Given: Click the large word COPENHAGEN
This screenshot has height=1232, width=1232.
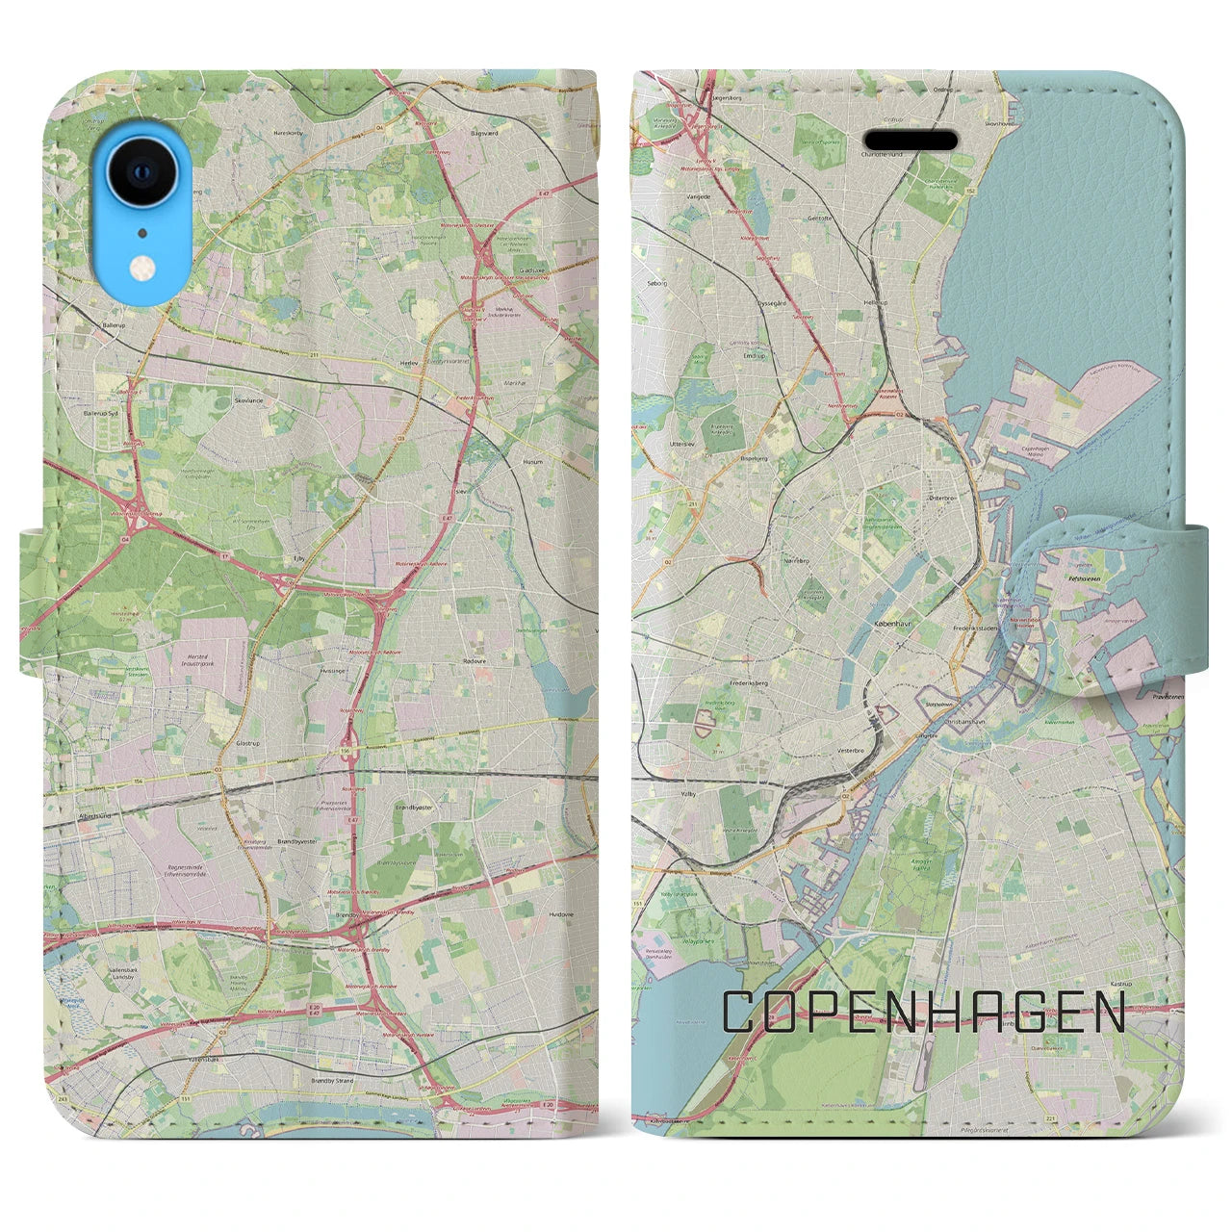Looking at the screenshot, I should click(923, 1013).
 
